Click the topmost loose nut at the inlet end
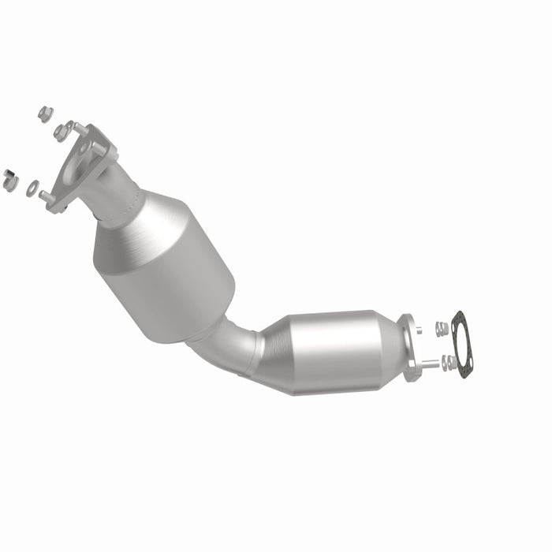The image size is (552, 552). (x=45, y=114)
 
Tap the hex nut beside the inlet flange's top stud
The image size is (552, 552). (x=61, y=132)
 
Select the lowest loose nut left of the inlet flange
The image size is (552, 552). (x=10, y=180)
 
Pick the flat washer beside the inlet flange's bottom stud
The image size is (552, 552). (x=32, y=188)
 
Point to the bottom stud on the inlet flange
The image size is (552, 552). (x=47, y=196)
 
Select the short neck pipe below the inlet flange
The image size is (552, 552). (x=118, y=189)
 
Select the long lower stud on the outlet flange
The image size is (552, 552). (x=429, y=364)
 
